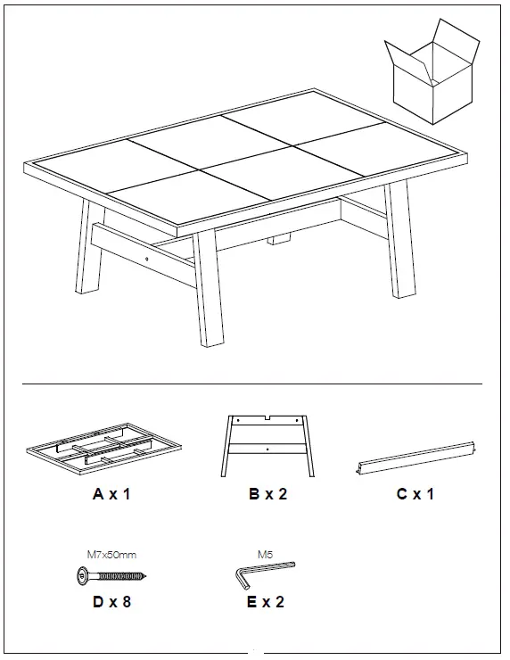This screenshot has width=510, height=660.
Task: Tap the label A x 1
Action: click(111, 494)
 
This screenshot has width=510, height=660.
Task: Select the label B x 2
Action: click(267, 494)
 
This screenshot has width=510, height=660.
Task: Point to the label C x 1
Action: click(415, 494)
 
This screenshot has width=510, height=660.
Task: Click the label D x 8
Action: click(111, 602)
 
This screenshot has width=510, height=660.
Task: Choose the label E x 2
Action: click(265, 602)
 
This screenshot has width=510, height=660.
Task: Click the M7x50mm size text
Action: click(110, 554)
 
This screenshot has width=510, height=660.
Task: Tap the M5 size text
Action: click(265, 554)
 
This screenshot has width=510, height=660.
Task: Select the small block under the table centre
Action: click(281, 238)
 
